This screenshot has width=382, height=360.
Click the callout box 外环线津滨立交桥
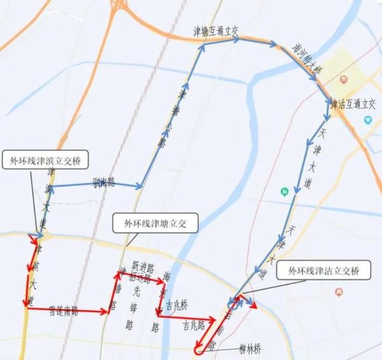click(45, 160)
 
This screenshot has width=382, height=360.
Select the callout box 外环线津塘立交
click(155, 223)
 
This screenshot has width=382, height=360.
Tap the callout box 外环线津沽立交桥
click(323, 271)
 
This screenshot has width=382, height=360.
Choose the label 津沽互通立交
click(353, 103)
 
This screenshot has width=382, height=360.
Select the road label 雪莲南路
click(63, 312)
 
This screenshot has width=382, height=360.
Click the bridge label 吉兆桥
click(175, 305)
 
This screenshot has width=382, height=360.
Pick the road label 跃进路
click(143, 268)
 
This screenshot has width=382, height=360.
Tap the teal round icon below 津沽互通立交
click(367, 119)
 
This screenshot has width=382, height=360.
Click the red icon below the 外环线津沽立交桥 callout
click(338, 291)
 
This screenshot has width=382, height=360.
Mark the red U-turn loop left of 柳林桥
click(199, 347)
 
